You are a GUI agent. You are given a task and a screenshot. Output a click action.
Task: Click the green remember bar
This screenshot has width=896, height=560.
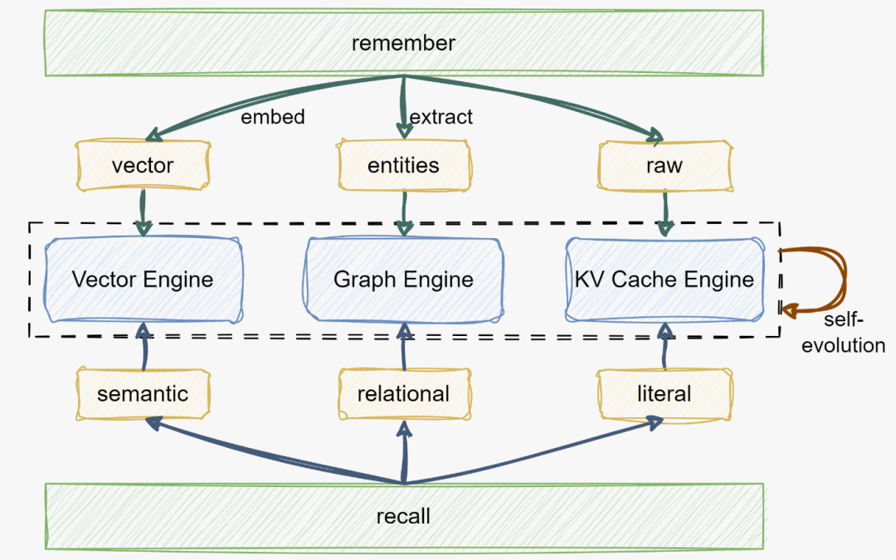(403, 42)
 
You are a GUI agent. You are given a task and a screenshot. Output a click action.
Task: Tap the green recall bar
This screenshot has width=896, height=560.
(403, 516)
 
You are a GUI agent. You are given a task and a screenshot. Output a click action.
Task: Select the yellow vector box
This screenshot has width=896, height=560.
(142, 165)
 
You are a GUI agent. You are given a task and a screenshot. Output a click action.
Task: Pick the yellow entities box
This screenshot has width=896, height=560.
(403, 165)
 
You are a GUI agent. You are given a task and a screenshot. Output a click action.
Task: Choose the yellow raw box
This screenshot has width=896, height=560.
(664, 165)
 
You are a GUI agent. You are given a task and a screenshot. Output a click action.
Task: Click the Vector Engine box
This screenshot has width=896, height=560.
(143, 279)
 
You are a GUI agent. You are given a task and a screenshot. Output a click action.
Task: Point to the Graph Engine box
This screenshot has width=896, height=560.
(403, 279)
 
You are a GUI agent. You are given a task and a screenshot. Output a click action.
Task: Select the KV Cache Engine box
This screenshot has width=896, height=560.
(664, 279)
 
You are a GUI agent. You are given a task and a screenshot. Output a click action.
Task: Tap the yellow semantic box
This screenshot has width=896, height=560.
(143, 393)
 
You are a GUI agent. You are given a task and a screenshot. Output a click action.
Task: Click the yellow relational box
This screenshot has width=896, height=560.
(403, 393)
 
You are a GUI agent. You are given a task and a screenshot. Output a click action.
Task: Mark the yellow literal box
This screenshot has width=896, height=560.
(664, 393)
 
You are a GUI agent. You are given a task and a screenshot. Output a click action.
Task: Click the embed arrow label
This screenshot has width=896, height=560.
(273, 117)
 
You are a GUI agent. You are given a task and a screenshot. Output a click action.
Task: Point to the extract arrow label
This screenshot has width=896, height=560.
(441, 117)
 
